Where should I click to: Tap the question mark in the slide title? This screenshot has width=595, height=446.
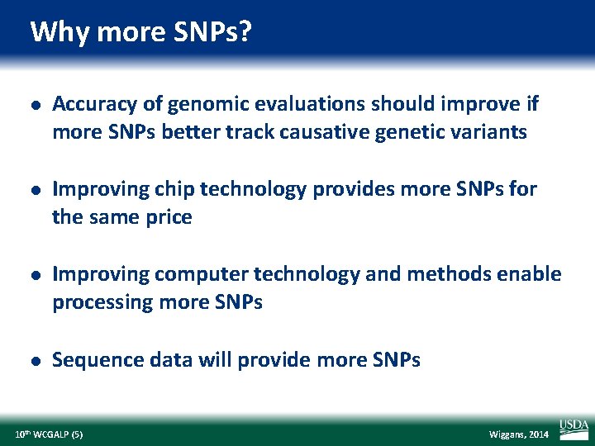tap(246, 33)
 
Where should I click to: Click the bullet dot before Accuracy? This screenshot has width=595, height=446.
tap(31, 105)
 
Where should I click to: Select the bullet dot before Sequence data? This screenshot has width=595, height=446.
tap(31, 360)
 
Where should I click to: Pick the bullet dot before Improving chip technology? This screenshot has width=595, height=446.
tap(31, 190)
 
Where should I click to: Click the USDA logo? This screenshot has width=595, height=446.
tap(574, 428)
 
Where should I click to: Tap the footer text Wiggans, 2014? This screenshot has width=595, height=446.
tap(519, 434)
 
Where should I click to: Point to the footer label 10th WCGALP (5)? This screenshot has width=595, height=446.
tap(49, 434)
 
